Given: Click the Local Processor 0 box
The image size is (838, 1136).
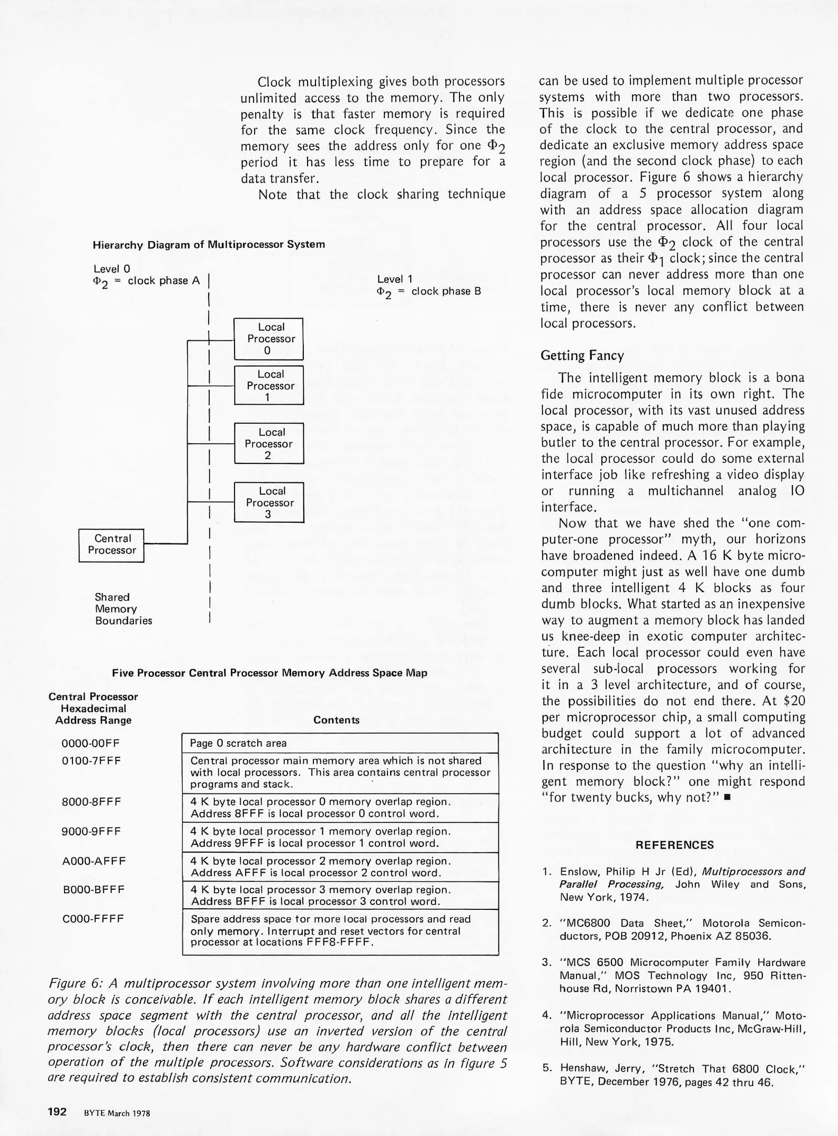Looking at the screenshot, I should click(x=268, y=339).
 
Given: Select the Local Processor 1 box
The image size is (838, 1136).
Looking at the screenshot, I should click(x=268, y=386).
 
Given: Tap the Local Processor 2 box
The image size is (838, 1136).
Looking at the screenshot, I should click(x=269, y=443).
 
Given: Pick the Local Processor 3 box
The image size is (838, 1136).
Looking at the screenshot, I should click(x=269, y=502).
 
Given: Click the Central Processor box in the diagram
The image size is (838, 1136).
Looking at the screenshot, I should click(x=111, y=545).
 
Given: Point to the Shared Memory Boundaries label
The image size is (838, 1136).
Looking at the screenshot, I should click(x=123, y=608).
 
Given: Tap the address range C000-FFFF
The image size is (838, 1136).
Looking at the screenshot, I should click(x=93, y=919).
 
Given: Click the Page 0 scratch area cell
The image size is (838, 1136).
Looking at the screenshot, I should click(x=238, y=743).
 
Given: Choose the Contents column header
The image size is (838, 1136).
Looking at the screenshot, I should click(x=336, y=720).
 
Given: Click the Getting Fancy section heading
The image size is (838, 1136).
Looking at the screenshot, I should click(x=582, y=356).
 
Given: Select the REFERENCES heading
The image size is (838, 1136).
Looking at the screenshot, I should click(x=675, y=845).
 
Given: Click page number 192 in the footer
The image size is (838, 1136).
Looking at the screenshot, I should click(x=57, y=1111).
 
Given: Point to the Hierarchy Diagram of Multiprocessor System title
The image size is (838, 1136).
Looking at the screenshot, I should click(x=209, y=245).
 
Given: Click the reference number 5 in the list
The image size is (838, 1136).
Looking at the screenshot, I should click(x=547, y=1068).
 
